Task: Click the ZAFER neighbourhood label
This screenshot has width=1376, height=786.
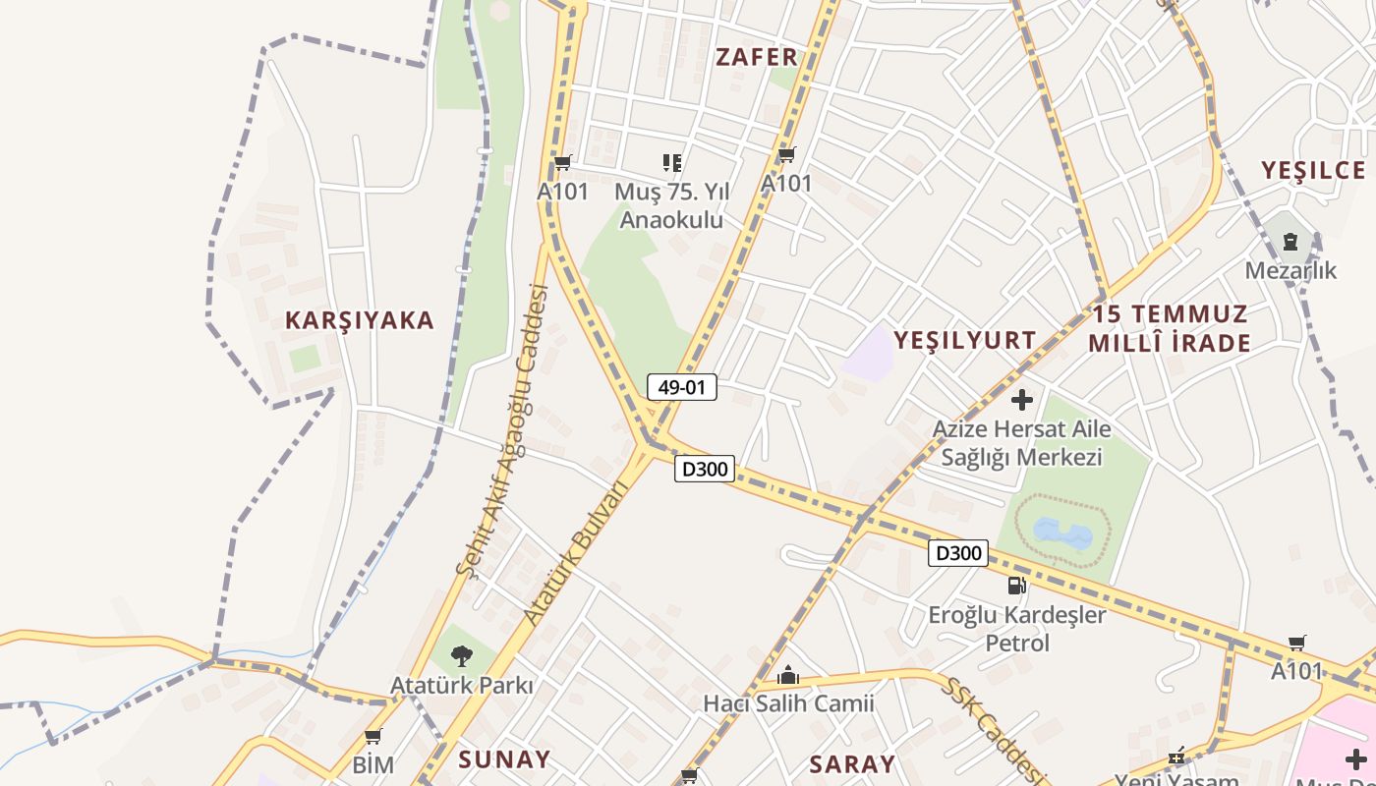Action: [x=756, y=57]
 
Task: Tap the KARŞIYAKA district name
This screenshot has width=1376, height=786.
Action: [x=360, y=320]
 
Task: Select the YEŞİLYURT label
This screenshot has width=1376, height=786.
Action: [x=964, y=341]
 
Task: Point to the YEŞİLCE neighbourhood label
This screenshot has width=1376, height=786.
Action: [x=1313, y=170]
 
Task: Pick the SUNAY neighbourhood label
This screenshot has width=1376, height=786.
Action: [x=504, y=759]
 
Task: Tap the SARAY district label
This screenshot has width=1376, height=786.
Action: [x=852, y=764]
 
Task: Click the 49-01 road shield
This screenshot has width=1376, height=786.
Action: [x=682, y=387]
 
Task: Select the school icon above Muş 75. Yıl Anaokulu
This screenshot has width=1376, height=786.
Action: [x=671, y=163]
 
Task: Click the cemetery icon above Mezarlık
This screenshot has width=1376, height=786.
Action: [x=1290, y=241]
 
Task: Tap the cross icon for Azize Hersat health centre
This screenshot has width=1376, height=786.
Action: [x=1022, y=400]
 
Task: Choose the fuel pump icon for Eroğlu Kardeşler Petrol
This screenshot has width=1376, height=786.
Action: [x=1017, y=587]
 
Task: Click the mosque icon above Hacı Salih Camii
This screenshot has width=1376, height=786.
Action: [x=787, y=675]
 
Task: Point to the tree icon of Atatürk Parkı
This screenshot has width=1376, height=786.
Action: [x=461, y=655]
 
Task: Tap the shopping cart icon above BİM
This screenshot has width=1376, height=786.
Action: [x=373, y=736]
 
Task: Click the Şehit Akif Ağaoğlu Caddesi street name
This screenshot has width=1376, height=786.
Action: [x=501, y=429]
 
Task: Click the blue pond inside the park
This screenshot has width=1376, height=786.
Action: [x=1062, y=534]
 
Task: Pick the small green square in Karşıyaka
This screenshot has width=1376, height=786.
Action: [x=306, y=359]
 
